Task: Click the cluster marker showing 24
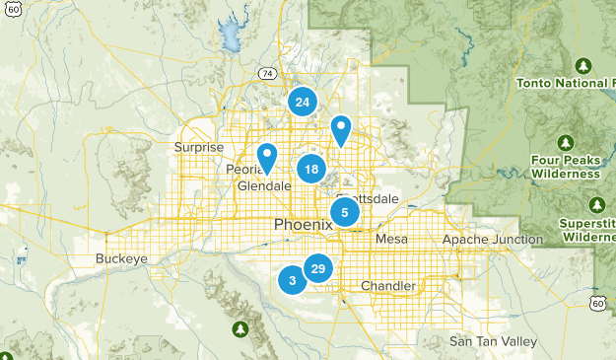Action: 303,102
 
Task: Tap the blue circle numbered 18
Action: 311,169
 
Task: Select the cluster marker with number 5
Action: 345,212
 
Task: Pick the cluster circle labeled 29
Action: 317,268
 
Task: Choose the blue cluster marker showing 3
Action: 292,280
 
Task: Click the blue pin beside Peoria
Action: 267,157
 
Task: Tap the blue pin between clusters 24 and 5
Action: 341,129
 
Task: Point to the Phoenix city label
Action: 303,225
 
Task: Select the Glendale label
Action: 264,185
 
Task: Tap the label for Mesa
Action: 391,239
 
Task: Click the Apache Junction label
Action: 492,240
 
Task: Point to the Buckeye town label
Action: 121,258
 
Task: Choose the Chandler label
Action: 387,286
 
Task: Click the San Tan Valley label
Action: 493,341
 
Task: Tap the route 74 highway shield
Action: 266,74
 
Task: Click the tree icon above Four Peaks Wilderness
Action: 566,141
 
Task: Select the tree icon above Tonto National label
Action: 582,66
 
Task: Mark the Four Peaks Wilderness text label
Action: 565,166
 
